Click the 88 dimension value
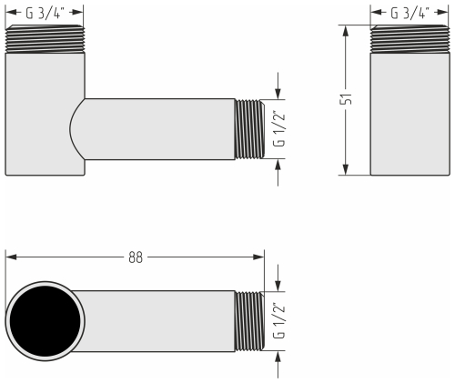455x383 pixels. [x=135, y=257]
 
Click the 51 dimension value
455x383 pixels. [x=346, y=99]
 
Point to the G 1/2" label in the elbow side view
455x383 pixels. [x=279, y=129]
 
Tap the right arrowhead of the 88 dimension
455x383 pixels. [x=260, y=257]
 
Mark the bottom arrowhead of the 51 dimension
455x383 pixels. [x=346, y=170]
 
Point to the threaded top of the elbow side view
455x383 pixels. [x=45, y=39]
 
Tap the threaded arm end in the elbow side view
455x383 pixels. [x=248, y=128]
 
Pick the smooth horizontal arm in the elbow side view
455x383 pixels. [x=159, y=128]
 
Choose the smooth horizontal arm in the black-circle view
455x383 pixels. [x=155, y=320]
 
